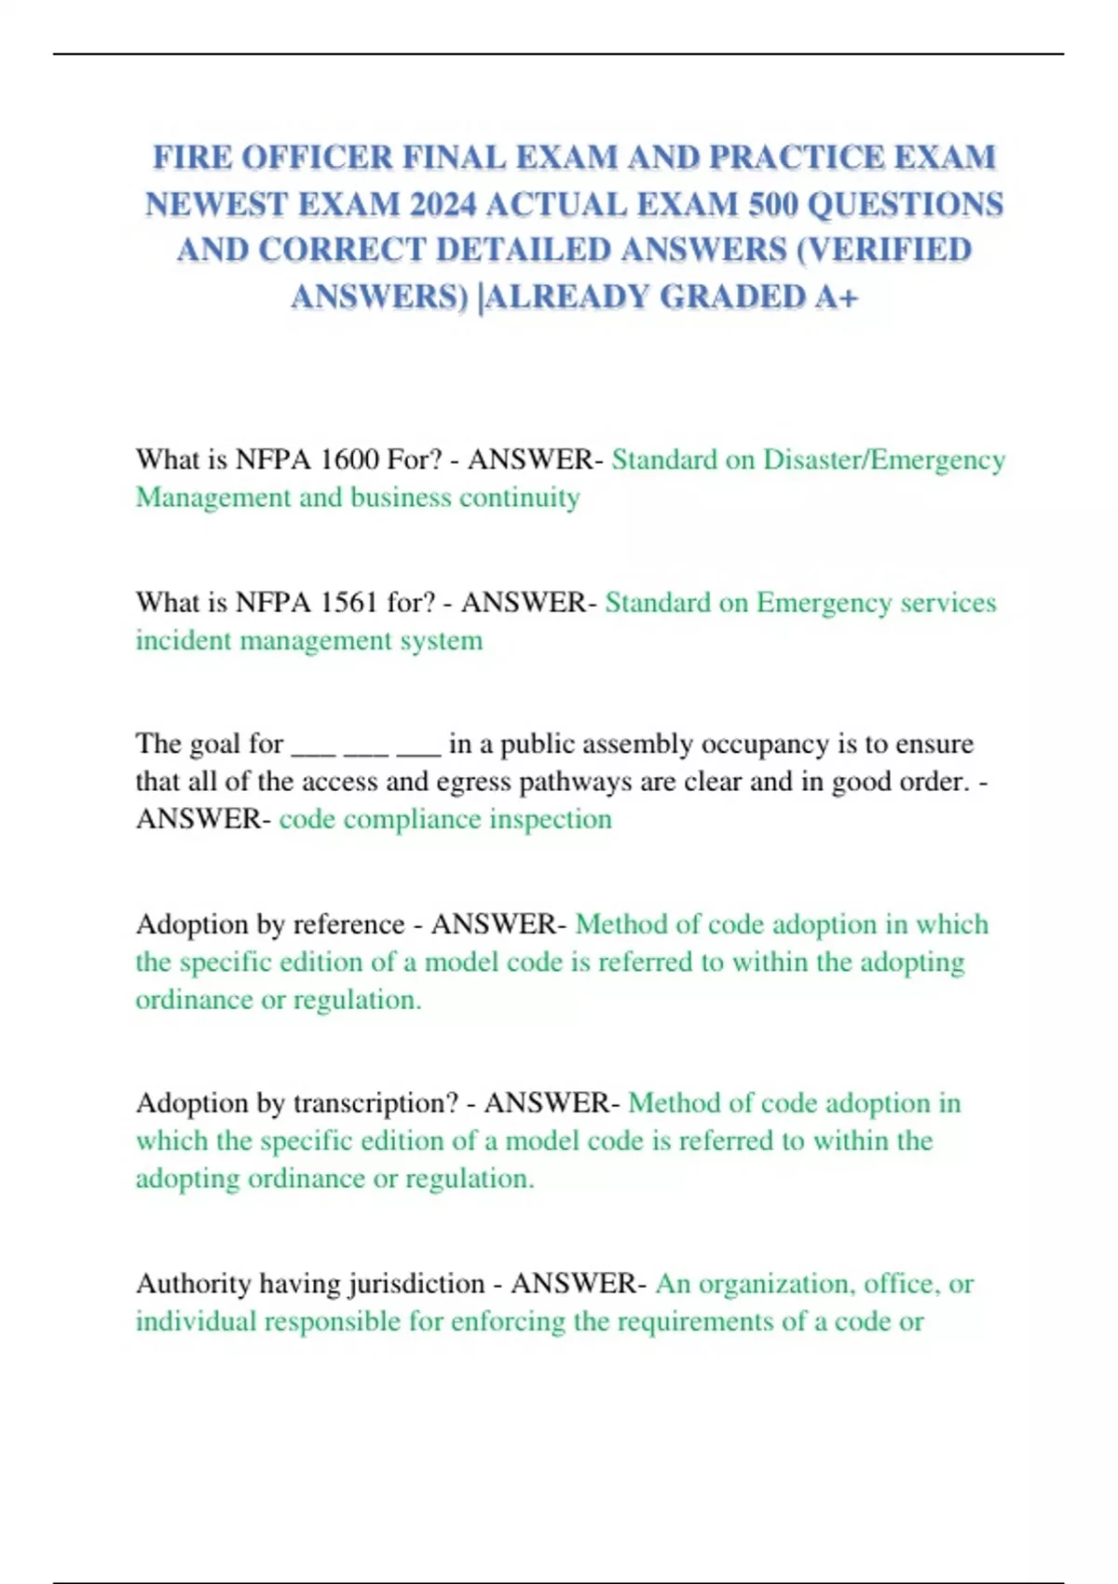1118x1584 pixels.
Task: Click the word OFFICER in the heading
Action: pos(317,157)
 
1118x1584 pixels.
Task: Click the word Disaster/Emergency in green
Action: pos(884,459)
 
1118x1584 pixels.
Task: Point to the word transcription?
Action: pos(375,1103)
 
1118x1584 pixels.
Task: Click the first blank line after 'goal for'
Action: pos(313,745)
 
